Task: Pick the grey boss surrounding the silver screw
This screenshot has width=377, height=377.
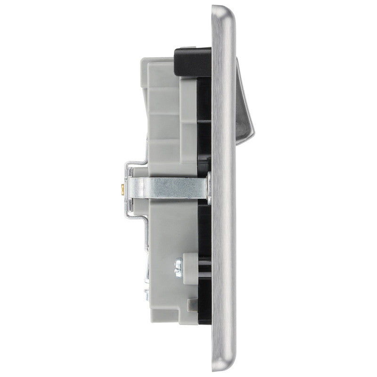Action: coord(190,263)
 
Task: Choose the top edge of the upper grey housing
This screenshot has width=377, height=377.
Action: coord(160,59)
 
